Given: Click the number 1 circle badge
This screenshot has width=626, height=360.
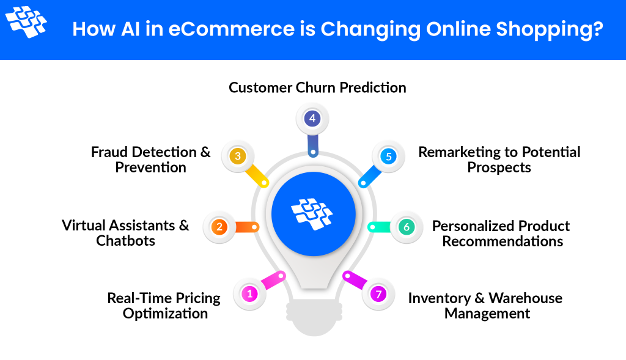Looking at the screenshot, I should pyautogui.click(x=249, y=294).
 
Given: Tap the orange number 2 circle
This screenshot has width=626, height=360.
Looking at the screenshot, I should pyautogui.click(x=219, y=227).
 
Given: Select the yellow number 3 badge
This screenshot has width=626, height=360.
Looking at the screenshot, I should pyautogui.click(x=238, y=156).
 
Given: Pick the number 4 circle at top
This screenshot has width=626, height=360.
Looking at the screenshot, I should pyautogui.click(x=312, y=119).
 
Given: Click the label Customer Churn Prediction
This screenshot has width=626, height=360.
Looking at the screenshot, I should pyautogui.click(x=317, y=88).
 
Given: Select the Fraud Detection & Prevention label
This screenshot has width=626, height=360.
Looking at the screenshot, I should pyautogui.click(x=150, y=160).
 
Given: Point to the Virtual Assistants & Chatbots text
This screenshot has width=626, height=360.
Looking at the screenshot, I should pyautogui.click(x=125, y=233).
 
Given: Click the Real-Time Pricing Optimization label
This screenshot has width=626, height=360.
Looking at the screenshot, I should pyautogui.click(x=164, y=306).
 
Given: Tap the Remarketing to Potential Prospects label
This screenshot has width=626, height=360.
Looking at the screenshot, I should pyautogui.click(x=499, y=160).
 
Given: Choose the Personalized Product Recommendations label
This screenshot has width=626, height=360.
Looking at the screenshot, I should pyautogui.click(x=501, y=233).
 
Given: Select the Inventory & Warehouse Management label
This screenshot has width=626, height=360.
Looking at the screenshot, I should pyautogui.click(x=486, y=306).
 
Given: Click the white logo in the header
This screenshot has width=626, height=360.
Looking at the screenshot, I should pyautogui.click(x=26, y=22).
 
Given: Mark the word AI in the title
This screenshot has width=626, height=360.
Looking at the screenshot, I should pyautogui.click(x=133, y=29).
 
